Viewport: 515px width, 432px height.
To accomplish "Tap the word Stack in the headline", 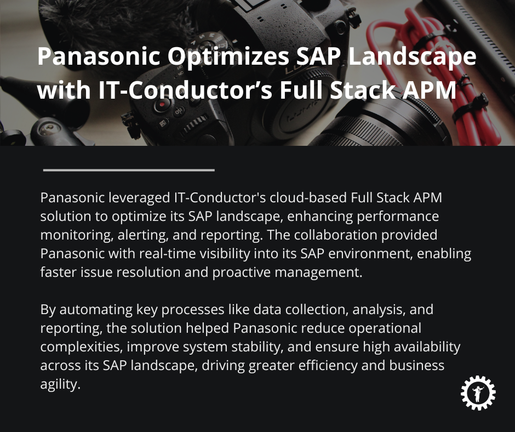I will [359, 89].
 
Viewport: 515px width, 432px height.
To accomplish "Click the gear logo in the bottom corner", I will [478, 392].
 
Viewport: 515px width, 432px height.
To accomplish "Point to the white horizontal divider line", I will [129, 170].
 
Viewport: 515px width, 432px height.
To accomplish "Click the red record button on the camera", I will [161, 105].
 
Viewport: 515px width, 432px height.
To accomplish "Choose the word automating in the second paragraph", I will [94, 309].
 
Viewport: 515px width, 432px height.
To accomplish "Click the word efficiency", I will [318, 365].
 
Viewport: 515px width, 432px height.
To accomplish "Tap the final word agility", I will [60, 384].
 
